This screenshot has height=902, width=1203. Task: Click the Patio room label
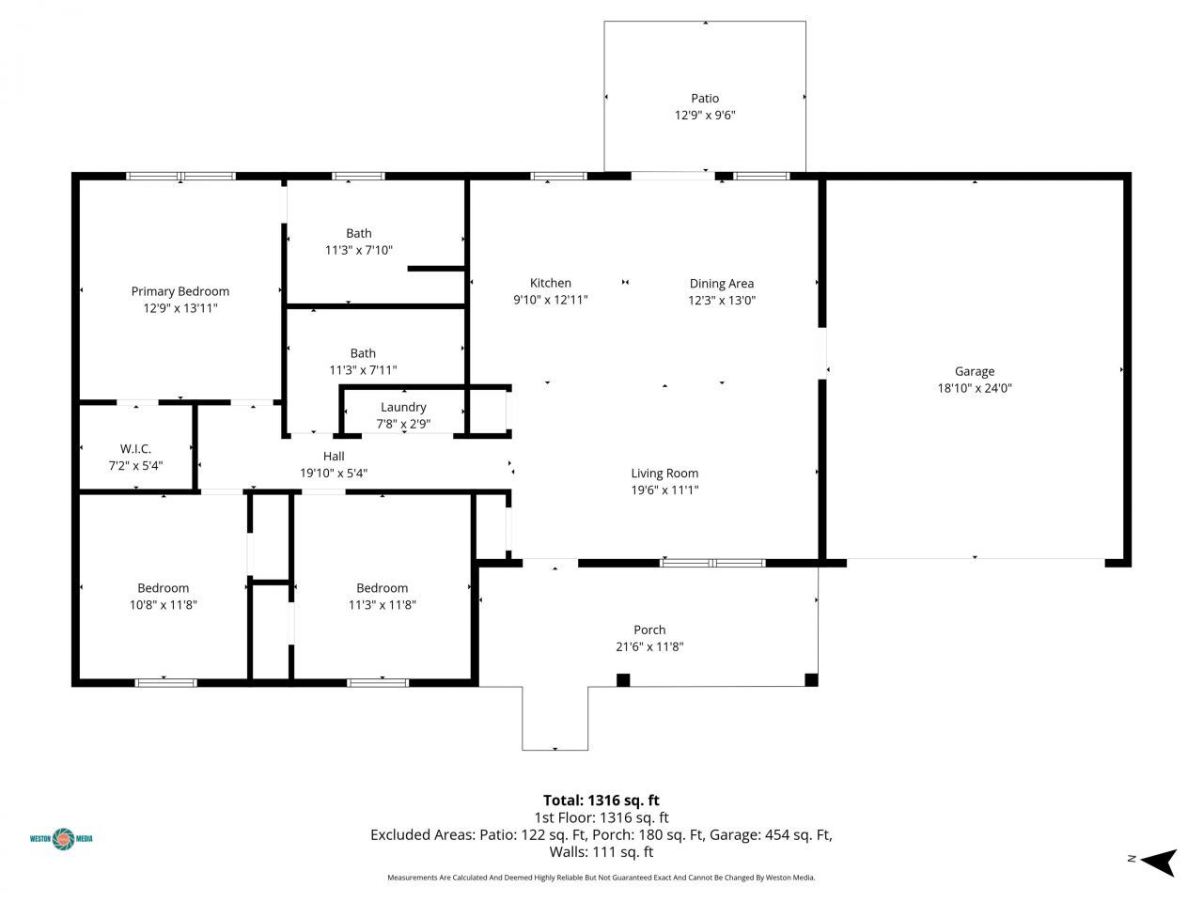[x=705, y=99]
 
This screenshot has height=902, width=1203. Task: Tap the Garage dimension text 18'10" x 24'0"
[x=974, y=388]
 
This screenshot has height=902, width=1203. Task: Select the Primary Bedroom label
[x=180, y=291]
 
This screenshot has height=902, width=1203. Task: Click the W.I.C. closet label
[x=135, y=449]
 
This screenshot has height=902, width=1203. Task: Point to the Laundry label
[x=403, y=407]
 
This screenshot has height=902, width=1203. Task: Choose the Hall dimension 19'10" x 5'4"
[x=333, y=474]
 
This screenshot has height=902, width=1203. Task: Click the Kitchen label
[x=550, y=283]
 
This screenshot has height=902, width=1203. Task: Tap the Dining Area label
[x=721, y=284]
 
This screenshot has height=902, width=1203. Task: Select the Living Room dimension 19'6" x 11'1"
[x=664, y=490]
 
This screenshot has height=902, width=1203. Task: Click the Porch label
[x=649, y=630]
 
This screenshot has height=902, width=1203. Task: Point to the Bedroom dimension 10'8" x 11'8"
[x=163, y=605]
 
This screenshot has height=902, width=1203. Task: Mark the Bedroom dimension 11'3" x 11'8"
[x=382, y=605]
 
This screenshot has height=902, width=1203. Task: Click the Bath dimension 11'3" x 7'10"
[x=358, y=251]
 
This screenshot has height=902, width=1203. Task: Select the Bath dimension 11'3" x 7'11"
[x=363, y=370]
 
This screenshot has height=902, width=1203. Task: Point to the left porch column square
[x=623, y=679]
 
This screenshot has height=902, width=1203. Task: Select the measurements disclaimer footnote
[x=601, y=878]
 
